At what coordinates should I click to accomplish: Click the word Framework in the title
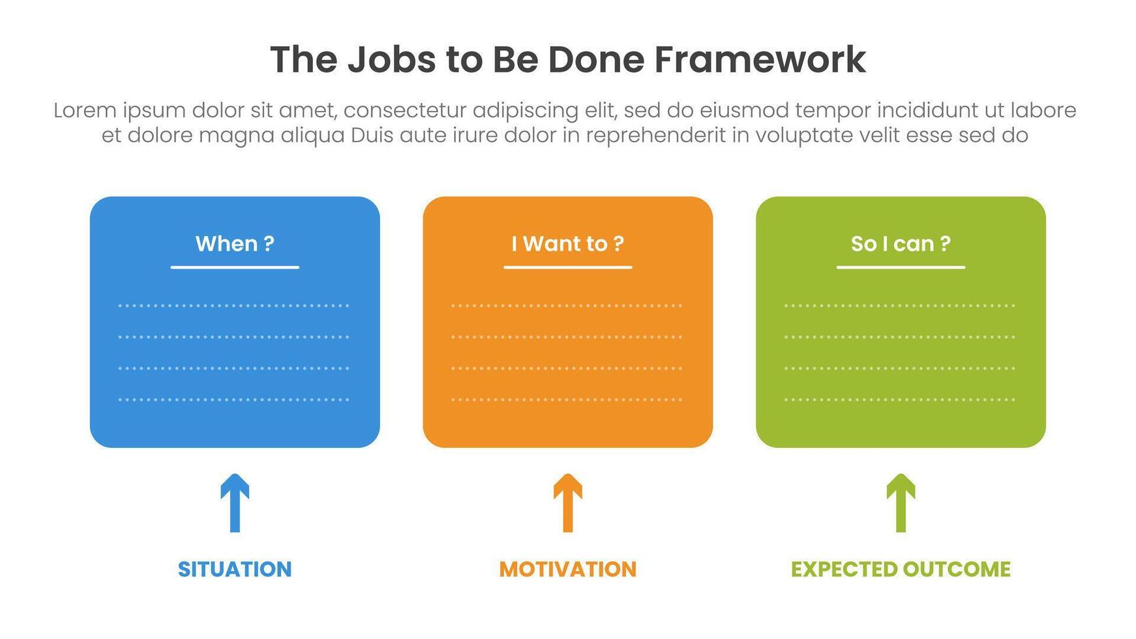(760, 60)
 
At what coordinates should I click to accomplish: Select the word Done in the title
(595, 60)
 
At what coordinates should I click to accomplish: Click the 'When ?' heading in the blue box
(235, 244)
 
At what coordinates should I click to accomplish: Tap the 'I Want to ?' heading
(567, 244)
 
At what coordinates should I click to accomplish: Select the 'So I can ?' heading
(901, 244)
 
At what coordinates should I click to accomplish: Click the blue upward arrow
(235, 503)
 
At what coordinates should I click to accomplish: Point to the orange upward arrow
(567, 503)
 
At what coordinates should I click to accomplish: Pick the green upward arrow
(901, 503)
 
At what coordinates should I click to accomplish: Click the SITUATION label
(235, 569)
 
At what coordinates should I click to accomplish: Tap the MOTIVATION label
(567, 569)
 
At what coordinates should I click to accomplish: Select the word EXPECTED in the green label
(842, 569)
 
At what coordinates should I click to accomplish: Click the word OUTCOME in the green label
(955, 569)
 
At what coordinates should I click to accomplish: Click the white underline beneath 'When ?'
(235, 267)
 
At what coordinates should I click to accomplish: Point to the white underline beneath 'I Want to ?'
(567, 267)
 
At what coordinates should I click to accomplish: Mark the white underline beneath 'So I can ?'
(901, 267)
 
